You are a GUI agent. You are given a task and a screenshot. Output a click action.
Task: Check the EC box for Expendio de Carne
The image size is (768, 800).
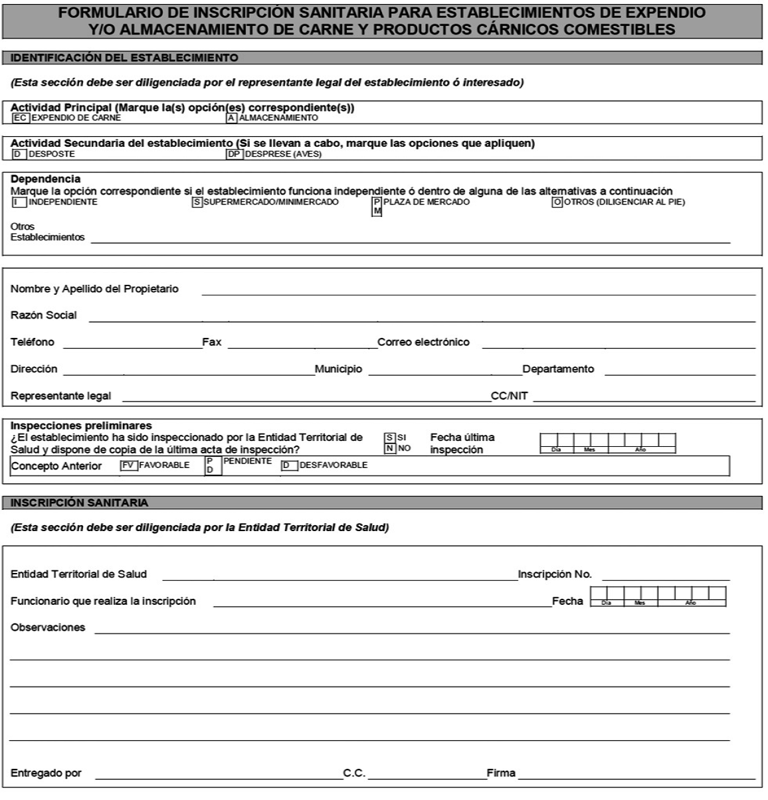[x=21, y=118]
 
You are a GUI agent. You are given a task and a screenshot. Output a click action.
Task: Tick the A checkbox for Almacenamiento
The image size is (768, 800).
[x=232, y=118]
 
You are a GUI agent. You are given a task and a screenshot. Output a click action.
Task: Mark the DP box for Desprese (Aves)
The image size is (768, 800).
[x=234, y=154]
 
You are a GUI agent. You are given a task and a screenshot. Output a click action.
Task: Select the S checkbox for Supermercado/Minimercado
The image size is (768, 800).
[x=197, y=202]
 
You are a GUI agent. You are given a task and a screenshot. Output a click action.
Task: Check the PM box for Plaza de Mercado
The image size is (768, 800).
[x=377, y=206]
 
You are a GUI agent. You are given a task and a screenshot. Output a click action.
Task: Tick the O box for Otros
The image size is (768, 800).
[x=557, y=202]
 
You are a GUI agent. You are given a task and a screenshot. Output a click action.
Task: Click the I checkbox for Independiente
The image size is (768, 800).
[x=19, y=202]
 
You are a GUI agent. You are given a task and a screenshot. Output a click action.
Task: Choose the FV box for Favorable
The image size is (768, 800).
[x=128, y=465]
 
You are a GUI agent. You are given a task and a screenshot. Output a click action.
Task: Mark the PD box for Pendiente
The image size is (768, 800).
[x=210, y=465]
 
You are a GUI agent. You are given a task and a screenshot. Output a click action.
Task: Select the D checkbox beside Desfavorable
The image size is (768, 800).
[x=289, y=466]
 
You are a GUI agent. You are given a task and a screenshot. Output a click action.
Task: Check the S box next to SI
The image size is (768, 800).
[x=390, y=438]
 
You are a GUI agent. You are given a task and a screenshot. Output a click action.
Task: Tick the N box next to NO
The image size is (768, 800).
[x=390, y=449]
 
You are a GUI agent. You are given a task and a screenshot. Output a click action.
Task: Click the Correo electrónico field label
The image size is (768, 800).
[x=423, y=343]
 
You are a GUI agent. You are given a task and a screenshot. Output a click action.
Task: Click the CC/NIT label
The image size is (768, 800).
[x=510, y=396]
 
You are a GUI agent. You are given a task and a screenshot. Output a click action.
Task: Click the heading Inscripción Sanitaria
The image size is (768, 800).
[x=80, y=503]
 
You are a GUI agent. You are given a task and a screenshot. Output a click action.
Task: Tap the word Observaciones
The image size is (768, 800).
[x=48, y=627]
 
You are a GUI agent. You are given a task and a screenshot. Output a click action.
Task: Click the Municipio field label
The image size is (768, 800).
[x=339, y=369]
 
